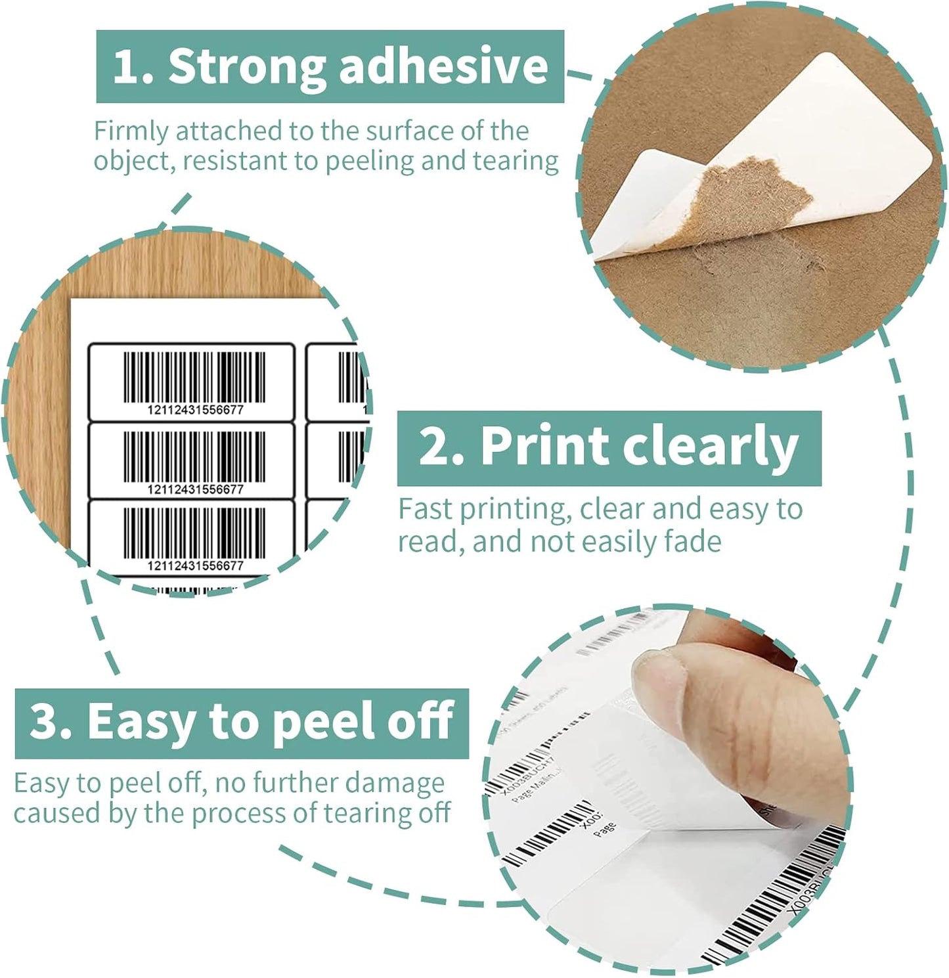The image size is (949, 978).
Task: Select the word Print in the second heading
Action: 544,447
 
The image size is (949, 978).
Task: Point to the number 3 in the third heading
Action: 45,721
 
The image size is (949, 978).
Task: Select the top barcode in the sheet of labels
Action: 195,377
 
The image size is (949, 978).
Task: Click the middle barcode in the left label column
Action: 195,456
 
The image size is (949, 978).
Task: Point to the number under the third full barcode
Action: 195,566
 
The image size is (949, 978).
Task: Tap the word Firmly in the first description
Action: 131,131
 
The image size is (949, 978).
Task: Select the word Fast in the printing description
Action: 426,509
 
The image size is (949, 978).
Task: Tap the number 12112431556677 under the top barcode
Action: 195,410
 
